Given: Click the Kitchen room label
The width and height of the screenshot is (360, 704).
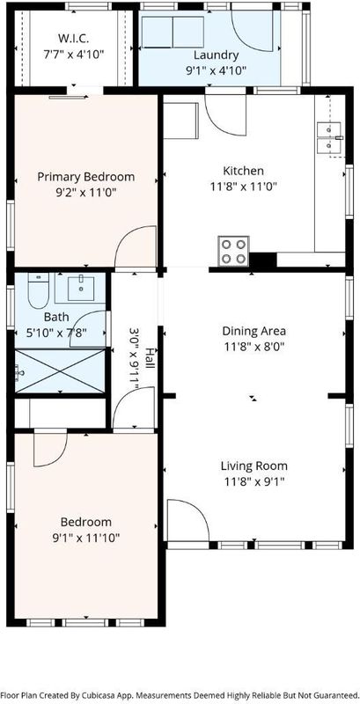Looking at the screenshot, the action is click(x=243, y=171).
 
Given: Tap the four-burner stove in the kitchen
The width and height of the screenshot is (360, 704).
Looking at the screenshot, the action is click(x=233, y=251).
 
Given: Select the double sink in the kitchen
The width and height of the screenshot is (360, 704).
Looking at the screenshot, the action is click(x=330, y=137).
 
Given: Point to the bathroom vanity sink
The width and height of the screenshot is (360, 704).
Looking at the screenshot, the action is click(x=81, y=289).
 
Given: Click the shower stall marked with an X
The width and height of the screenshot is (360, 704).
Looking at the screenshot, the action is click(x=60, y=371).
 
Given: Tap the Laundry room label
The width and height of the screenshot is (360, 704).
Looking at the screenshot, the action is click(x=216, y=55).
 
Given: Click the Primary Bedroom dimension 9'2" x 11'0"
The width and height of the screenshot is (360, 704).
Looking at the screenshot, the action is click(x=85, y=193).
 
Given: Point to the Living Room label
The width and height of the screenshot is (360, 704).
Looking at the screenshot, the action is click(x=254, y=466).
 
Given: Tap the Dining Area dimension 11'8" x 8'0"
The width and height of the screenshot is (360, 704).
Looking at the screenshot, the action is click(x=254, y=347).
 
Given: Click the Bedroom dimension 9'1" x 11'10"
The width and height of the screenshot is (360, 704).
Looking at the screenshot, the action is click(x=85, y=538).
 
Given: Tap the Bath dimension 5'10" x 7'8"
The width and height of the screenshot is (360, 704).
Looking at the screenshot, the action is click(x=56, y=334).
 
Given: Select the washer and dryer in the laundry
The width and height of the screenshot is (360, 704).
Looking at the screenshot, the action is click(x=173, y=32).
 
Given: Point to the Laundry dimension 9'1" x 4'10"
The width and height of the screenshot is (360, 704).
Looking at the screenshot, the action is click(x=216, y=70).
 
